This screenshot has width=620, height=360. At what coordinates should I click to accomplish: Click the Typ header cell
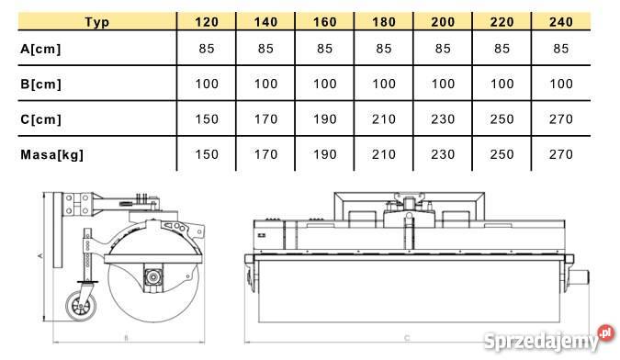(96, 22)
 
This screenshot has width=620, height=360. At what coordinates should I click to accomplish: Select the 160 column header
(324, 22)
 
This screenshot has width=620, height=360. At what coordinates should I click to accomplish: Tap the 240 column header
(560, 22)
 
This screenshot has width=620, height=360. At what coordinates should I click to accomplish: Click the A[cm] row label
(40, 49)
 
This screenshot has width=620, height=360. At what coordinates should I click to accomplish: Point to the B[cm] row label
(40, 84)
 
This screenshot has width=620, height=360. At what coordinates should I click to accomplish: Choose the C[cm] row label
(40, 119)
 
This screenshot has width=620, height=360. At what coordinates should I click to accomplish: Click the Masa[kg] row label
(51, 154)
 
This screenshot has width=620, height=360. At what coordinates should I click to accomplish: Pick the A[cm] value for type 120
(207, 49)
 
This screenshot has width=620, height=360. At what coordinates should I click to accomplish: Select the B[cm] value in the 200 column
(443, 84)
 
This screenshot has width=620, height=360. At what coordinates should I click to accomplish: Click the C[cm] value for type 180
(384, 119)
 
